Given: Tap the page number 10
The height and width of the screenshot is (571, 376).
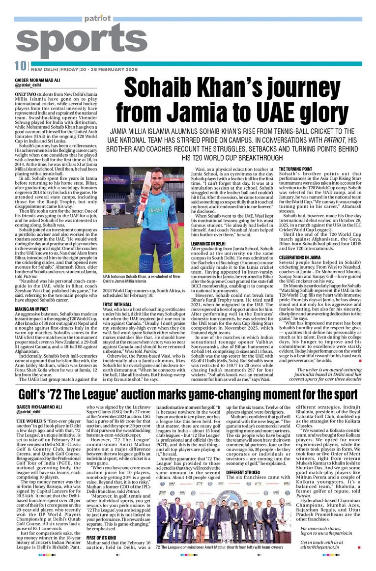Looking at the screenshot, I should click(x=20, y=66).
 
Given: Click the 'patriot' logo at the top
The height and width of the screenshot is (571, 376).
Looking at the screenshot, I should click(x=97, y=19).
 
